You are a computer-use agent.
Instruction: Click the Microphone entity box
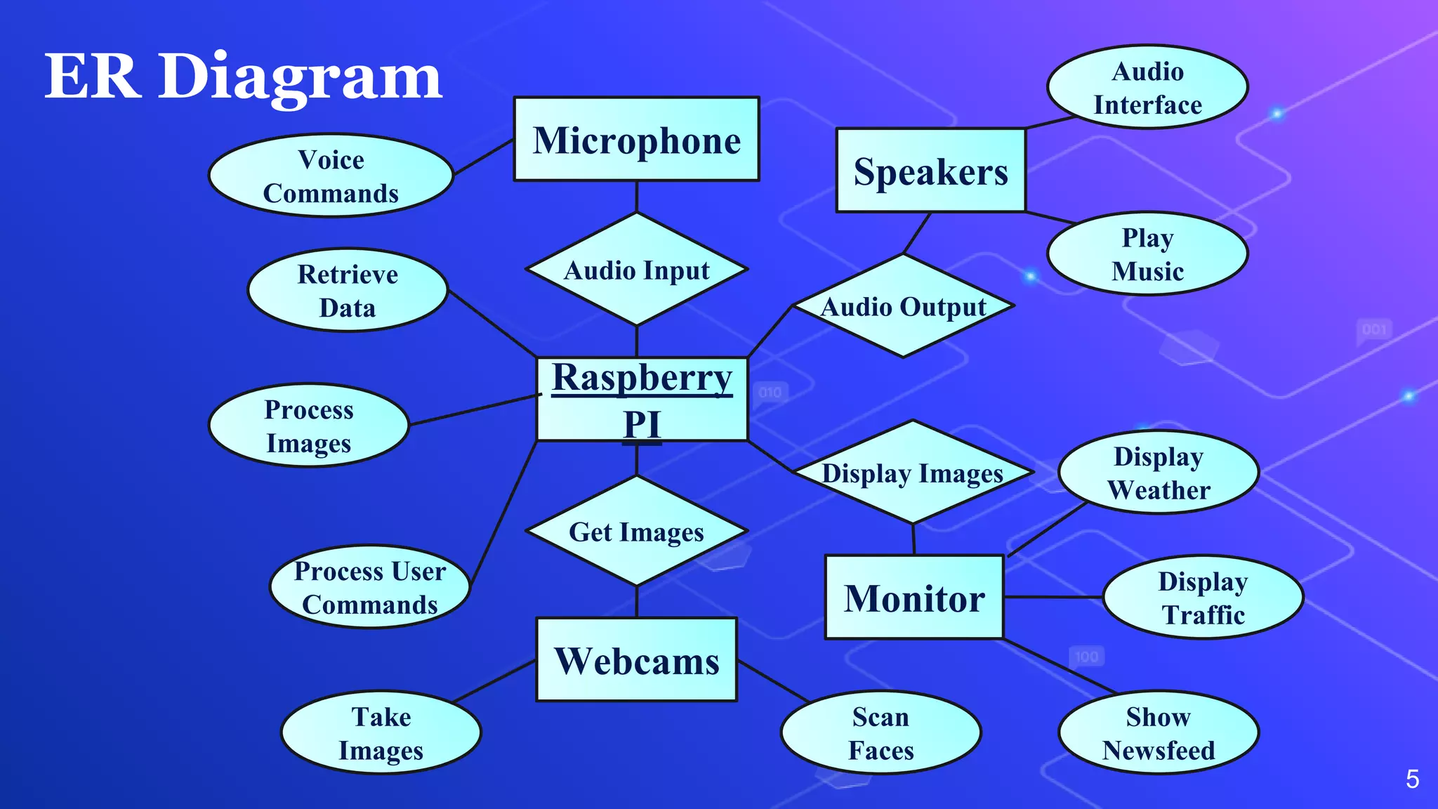click(636, 139)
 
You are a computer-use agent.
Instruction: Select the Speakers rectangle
click(931, 170)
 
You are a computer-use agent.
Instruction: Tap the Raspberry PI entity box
click(642, 400)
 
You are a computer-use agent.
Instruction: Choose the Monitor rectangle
click(914, 598)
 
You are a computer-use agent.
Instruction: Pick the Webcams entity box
click(637, 659)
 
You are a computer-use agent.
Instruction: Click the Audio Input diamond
click(637, 270)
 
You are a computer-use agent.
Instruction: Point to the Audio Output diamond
click(904, 306)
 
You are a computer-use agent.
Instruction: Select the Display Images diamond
click(913, 473)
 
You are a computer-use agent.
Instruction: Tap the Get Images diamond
click(637, 532)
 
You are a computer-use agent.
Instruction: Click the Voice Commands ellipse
click(331, 176)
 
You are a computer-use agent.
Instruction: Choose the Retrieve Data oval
click(348, 290)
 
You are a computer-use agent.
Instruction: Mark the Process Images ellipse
click(309, 426)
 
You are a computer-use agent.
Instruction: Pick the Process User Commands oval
click(370, 587)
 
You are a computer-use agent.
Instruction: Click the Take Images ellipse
click(381, 732)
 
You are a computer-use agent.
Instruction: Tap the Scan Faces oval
click(881, 732)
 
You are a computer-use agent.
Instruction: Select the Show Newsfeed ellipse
click(1159, 732)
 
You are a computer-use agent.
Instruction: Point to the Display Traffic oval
click(1203, 598)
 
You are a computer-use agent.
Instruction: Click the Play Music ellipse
click(1147, 254)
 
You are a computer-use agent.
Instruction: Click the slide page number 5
click(1413, 779)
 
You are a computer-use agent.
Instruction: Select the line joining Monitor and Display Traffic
click(1053, 598)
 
